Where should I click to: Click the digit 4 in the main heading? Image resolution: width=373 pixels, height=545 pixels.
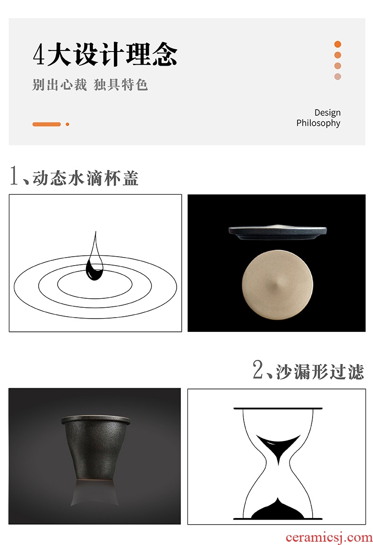39,54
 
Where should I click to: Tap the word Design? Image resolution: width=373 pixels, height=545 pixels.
327,113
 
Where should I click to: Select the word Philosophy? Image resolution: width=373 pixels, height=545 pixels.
318,123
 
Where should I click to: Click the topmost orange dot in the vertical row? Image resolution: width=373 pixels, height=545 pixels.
338,44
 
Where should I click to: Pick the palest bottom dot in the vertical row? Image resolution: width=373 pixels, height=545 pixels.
338,77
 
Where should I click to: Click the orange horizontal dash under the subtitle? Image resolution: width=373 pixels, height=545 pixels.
47,124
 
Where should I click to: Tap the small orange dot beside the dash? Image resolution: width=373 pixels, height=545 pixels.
68,124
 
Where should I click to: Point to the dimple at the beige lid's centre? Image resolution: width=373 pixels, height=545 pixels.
277,285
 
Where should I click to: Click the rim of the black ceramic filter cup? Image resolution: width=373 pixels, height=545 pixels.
96,419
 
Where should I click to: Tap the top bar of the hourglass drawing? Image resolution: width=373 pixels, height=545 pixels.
278,408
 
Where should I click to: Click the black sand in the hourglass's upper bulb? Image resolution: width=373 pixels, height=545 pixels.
278,446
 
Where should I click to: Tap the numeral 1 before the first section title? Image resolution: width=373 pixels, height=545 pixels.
14,175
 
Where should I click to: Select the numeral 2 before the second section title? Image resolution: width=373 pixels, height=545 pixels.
258,369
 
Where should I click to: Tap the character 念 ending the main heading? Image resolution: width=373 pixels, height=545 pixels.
165,54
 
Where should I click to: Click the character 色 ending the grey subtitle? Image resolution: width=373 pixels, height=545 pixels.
141,85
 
